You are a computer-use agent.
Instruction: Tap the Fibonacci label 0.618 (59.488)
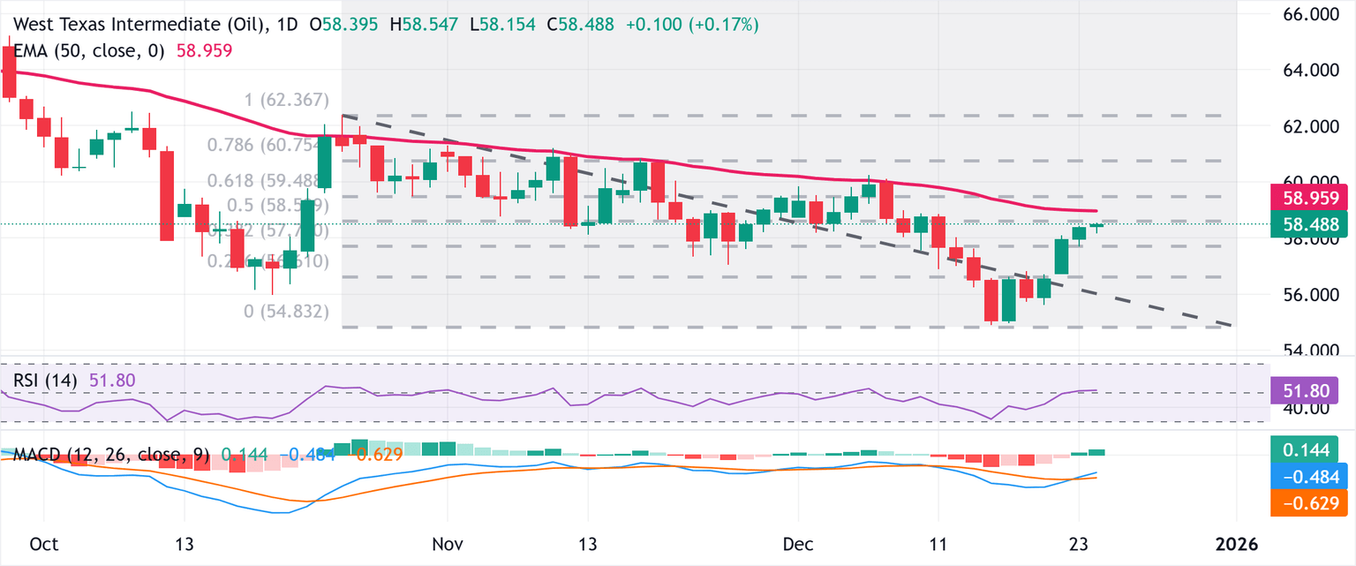(268, 181)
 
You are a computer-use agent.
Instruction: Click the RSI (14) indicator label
(45, 380)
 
